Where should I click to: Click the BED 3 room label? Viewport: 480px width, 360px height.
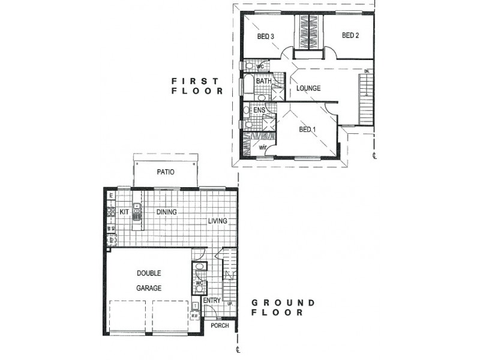click(x=266, y=36)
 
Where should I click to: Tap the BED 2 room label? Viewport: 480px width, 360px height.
click(x=350, y=35)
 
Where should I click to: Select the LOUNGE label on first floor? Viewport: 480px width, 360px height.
click(x=307, y=88)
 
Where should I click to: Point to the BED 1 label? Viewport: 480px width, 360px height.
click(x=307, y=130)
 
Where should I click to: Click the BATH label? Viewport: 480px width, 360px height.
click(x=263, y=81)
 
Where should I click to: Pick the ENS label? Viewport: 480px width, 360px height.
click(x=259, y=111)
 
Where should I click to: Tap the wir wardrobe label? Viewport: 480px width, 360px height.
click(x=263, y=146)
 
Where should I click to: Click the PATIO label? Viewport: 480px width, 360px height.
click(x=166, y=172)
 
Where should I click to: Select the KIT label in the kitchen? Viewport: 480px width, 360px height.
click(x=125, y=212)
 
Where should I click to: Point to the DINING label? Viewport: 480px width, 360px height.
click(x=166, y=212)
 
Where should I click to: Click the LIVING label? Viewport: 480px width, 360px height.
click(x=218, y=221)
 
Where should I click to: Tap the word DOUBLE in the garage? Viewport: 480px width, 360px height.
click(x=149, y=274)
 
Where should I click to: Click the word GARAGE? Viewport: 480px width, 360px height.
click(x=149, y=288)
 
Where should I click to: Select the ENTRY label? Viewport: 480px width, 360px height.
click(x=211, y=301)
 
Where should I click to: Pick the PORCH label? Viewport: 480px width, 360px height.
click(x=220, y=326)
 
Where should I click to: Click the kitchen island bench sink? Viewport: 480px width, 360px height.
click(x=137, y=211)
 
